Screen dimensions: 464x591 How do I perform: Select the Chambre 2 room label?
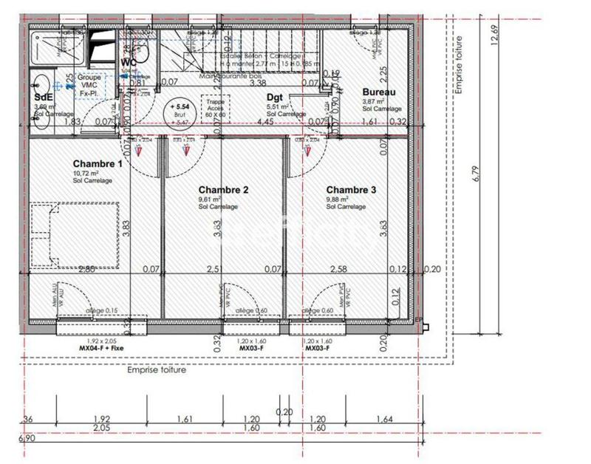point(222,189)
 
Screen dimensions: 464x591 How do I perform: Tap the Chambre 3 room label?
point(352,189)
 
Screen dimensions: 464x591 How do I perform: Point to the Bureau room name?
point(379,92)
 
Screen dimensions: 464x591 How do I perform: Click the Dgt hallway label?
point(275,97)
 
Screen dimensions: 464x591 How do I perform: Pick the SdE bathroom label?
point(43,97)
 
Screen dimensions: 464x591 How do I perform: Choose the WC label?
point(129,62)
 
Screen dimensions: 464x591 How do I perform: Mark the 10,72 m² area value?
point(87,174)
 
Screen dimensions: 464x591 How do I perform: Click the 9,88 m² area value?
point(341,199)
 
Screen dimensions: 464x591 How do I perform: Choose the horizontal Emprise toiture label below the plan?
point(157,370)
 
